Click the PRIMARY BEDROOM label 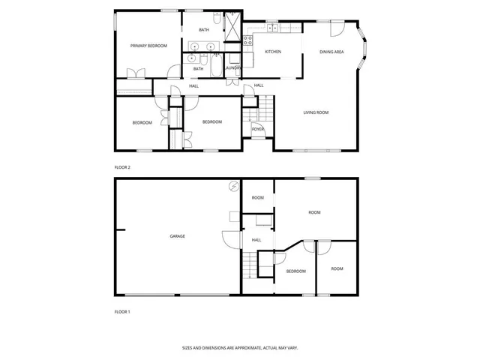pos(148,46)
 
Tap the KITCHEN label pos(272,52)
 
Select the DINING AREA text pos(331,52)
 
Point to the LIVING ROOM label pos(316,112)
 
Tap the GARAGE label pos(177,236)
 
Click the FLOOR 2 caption pos(121,166)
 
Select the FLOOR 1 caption pos(121,311)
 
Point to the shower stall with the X pos(233,28)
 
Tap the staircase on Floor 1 pos(248,265)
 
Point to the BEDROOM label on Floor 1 pos(295,271)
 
